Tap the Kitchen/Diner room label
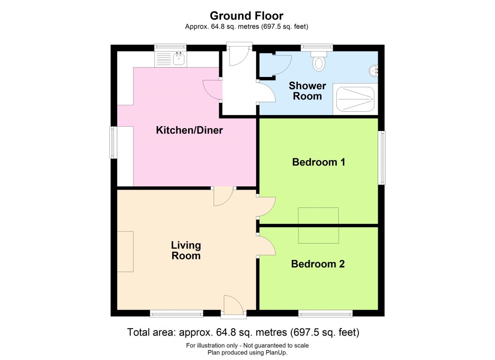pos(189,130)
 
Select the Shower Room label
pos(307,91)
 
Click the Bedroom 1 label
pos(319,162)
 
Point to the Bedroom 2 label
pos(318,264)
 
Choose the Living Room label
pos(186,251)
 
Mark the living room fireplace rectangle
pos(125,251)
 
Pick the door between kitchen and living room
pos(223,196)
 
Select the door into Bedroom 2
pos(266,245)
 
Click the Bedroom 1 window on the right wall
pos(382,158)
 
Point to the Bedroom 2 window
pos(325,313)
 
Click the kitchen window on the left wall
pos(113,142)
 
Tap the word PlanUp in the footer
pos(277,352)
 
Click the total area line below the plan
pos(243,332)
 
